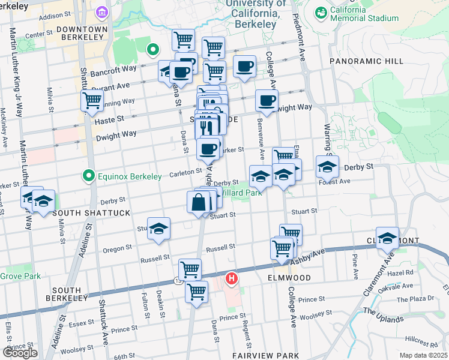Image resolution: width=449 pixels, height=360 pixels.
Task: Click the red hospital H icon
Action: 231,278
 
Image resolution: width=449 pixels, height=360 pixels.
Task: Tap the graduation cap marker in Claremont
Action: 388,238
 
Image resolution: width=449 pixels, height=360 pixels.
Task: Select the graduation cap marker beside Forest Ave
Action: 327,166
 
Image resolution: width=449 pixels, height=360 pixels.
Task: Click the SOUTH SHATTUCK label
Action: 83,213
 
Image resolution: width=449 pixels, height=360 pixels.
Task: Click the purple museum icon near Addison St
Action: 101,13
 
